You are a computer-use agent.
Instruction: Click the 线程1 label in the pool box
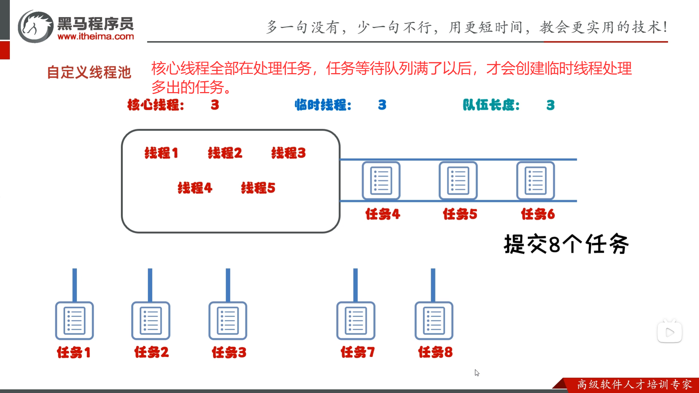[161, 153]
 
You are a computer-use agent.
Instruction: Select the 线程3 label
[288, 153]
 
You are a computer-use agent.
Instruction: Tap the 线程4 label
[195, 188]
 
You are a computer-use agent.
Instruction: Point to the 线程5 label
[258, 188]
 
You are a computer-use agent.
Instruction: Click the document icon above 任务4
[381, 180]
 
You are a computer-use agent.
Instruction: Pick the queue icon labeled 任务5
[458, 180]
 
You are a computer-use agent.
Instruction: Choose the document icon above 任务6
[536, 180]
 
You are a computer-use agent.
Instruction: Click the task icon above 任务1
[74, 321]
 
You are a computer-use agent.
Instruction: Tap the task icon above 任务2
[151, 321]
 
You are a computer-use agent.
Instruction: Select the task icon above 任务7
[356, 321]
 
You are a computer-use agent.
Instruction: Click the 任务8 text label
[435, 352]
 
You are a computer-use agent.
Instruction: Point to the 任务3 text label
[229, 352]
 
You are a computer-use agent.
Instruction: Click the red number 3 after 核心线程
[215, 105]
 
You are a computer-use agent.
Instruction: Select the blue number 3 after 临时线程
[382, 105]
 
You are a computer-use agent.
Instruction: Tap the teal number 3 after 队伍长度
[550, 105]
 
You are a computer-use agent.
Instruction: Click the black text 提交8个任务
[566, 244]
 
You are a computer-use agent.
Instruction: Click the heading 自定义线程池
[89, 72]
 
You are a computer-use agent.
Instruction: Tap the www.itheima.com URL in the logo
[96, 36]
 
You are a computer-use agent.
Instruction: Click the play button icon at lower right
[670, 332]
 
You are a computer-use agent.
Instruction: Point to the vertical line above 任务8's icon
[433, 285]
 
